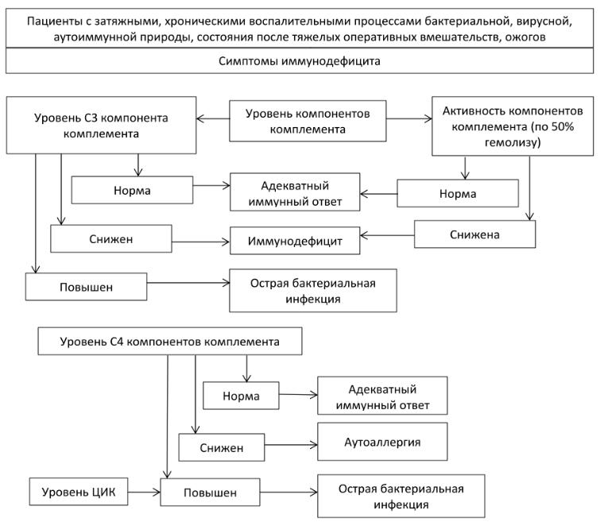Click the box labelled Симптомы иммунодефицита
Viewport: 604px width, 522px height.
tap(300, 60)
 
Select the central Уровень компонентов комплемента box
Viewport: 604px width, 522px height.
tap(308, 121)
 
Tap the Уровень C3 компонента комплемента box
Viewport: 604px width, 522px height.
tap(101, 126)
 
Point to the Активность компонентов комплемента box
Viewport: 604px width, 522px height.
tap(513, 126)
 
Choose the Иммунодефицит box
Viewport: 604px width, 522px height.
tap(295, 241)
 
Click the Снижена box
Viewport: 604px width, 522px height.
tap(474, 234)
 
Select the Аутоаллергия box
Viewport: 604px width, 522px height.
tap(382, 442)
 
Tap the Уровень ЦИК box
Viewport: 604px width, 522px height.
tap(79, 492)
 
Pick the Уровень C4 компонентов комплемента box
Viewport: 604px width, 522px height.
tap(169, 341)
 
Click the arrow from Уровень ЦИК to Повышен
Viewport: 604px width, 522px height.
tap(144, 492)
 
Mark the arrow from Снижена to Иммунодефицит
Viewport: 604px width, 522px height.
tap(387, 235)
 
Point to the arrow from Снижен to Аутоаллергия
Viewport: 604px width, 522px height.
tap(291, 445)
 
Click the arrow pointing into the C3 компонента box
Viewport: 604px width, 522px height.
tap(213, 118)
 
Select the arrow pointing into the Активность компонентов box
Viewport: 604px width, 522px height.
tap(409, 118)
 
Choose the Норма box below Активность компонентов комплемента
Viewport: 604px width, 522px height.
tap(458, 193)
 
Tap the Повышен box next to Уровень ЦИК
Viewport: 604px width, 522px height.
tap(210, 492)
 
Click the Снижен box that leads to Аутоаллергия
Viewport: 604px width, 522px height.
tap(222, 447)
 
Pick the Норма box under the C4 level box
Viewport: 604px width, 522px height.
tap(241, 395)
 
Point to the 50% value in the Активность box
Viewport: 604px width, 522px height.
tap(563, 126)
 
